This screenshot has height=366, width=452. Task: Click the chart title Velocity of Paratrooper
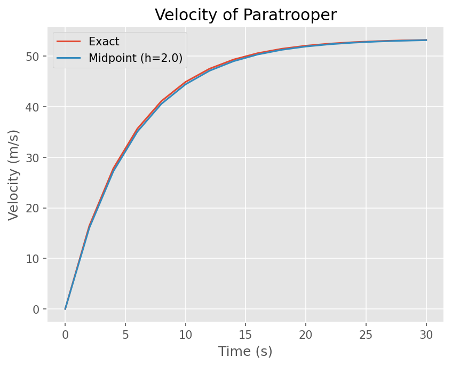[x=245, y=15]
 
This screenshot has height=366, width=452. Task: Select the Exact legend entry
[x=104, y=41]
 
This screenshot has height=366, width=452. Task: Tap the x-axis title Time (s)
[x=245, y=352]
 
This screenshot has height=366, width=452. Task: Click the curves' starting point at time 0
[x=65, y=309]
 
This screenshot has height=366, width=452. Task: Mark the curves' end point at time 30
[x=426, y=40]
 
